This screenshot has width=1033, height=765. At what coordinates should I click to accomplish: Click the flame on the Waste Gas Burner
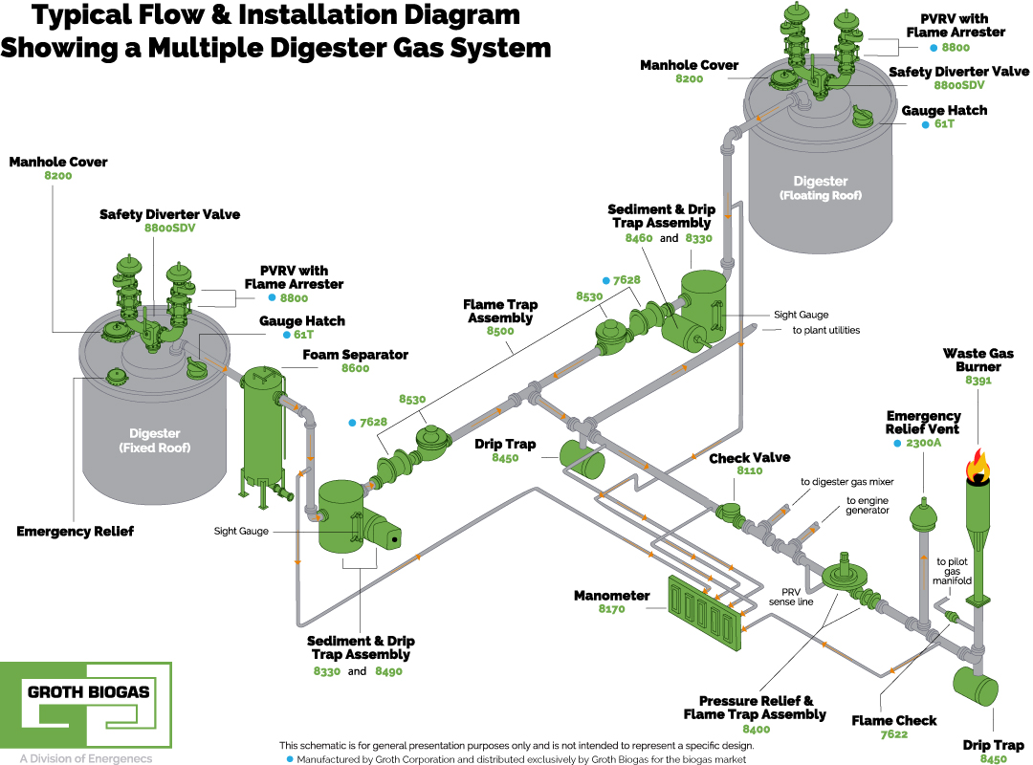(977, 467)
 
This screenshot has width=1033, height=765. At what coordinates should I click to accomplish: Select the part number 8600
(355, 368)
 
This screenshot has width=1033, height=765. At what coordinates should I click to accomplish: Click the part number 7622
(894, 735)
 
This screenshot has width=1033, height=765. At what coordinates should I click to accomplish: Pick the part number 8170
(611, 608)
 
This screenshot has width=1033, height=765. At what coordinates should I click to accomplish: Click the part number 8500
(501, 331)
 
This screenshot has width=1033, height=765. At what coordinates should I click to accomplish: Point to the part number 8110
(750, 471)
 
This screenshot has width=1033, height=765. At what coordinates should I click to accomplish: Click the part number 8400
(755, 729)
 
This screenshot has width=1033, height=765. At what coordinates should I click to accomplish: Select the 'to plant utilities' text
(825, 330)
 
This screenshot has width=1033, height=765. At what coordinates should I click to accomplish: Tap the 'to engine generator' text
(868, 505)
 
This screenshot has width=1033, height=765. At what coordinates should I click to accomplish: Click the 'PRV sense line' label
(791, 595)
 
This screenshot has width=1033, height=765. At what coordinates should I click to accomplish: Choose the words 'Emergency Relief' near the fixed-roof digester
(75, 531)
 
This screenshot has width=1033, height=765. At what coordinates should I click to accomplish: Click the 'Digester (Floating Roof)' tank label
(820, 187)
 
